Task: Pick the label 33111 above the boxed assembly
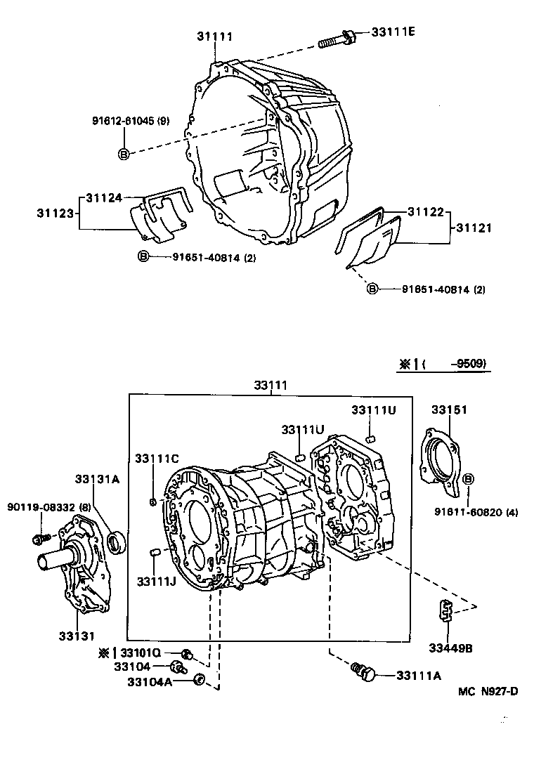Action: pyautogui.click(x=271, y=386)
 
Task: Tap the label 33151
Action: pyautogui.click(x=449, y=409)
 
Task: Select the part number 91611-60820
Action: pyautogui.click(x=471, y=512)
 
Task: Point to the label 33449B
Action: pyautogui.click(x=450, y=648)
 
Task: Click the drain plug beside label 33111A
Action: pyautogui.click(x=365, y=673)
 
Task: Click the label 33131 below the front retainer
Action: pyautogui.click(x=77, y=636)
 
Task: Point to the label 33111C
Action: pyautogui.click(x=157, y=459)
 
